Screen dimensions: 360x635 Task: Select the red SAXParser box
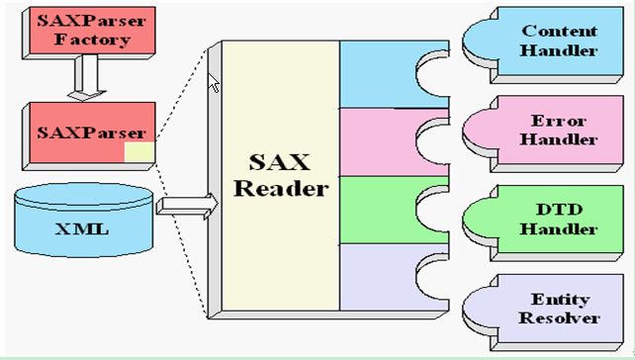83,132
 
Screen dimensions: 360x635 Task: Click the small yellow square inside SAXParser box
138,151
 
